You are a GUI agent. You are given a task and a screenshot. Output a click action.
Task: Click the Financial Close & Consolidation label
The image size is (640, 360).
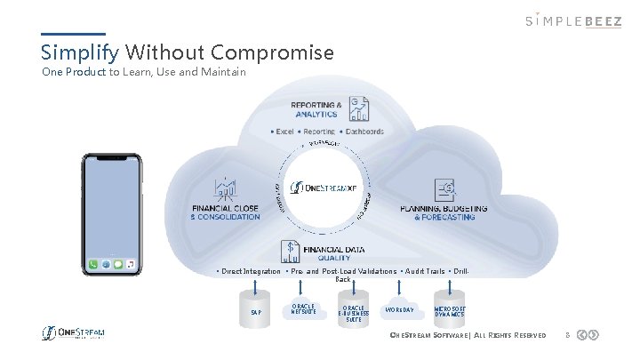pyautogui.click(x=226, y=212)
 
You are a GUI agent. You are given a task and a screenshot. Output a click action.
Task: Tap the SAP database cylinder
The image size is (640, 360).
pyautogui.click(x=256, y=312)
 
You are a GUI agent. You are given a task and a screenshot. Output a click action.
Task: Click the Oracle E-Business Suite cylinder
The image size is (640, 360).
pyautogui.click(x=353, y=312)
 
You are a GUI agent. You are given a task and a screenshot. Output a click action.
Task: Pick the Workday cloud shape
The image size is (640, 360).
pyautogui.click(x=399, y=310)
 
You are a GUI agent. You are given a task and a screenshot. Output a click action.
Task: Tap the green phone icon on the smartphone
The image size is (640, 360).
pyautogui.click(x=93, y=264)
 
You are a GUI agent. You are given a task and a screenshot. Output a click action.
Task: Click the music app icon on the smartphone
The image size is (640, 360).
pyautogui.click(x=131, y=264)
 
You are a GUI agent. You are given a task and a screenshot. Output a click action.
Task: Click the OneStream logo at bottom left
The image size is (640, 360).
pyautogui.click(x=75, y=333)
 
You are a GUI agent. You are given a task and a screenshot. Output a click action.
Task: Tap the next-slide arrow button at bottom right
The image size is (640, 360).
pyautogui.click(x=593, y=335)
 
